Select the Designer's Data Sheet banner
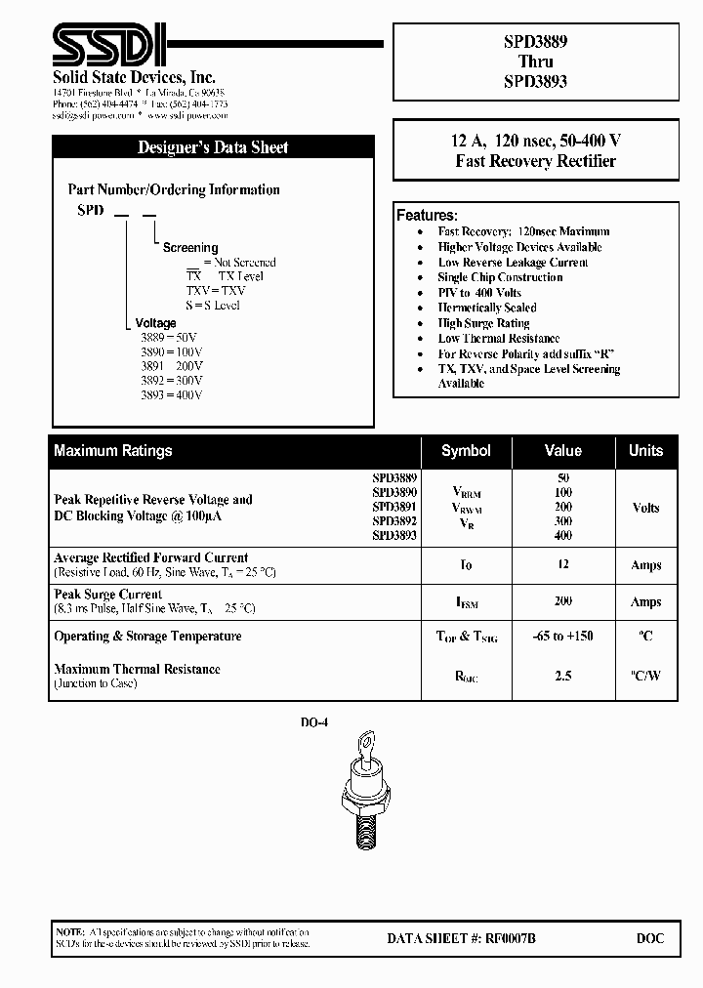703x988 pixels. [x=213, y=147]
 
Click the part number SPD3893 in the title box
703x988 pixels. [x=535, y=81]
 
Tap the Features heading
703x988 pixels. [x=427, y=215]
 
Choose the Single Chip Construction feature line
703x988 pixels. [x=500, y=277]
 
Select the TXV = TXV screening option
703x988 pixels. [x=216, y=291]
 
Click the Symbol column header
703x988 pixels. [x=466, y=451]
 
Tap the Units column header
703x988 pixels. [x=645, y=451]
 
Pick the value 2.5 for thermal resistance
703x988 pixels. [x=562, y=676]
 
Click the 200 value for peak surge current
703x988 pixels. [x=562, y=601]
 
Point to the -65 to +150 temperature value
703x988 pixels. [x=562, y=637]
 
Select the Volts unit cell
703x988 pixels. [x=645, y=508]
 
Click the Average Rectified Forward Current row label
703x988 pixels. [x=151, y=557]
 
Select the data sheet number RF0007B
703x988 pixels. [x=461, y=938]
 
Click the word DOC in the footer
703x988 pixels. [x=649, y=938]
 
